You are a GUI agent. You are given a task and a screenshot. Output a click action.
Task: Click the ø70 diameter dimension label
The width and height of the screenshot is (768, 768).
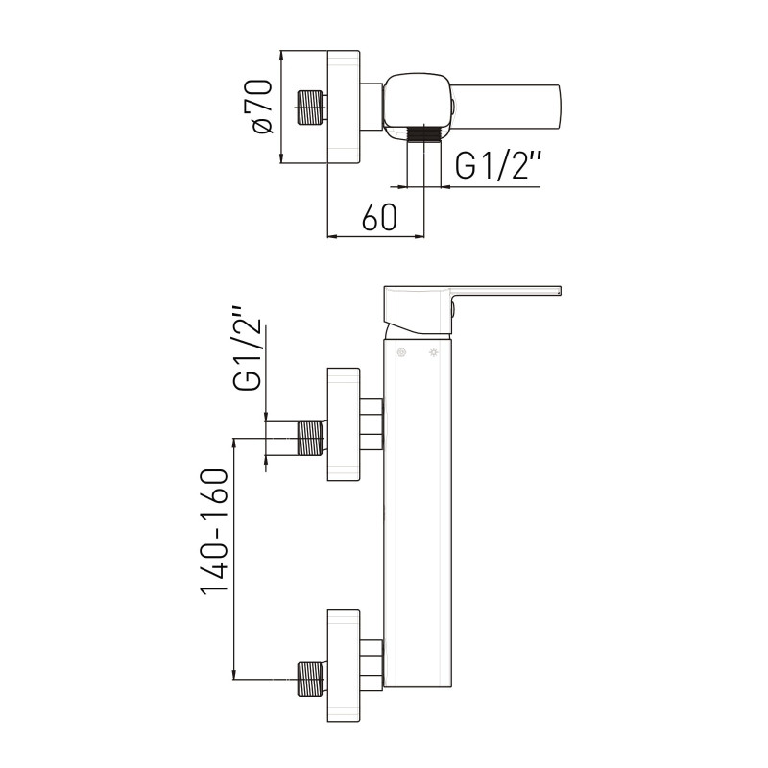261,107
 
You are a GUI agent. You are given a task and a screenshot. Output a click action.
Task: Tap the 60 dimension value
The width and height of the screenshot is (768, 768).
379,217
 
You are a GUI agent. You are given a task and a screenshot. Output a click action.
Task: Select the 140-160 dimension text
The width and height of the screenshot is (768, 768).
214,532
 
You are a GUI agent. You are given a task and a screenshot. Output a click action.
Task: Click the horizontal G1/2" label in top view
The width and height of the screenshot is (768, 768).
498,164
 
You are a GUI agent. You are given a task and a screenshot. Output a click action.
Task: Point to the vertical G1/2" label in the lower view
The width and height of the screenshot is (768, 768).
248,349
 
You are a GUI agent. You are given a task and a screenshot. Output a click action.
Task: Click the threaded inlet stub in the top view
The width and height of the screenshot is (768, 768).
310,108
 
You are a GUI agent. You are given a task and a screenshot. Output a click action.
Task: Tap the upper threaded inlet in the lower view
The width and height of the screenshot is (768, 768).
310,439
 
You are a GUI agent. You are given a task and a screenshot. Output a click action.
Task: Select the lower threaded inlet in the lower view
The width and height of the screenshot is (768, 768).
310,679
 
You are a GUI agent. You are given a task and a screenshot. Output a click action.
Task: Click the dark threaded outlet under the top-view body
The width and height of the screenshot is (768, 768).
424,133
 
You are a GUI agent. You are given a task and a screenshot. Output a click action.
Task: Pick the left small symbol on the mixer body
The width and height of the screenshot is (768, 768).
401,352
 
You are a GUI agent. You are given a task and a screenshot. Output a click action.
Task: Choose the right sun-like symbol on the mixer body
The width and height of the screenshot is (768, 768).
434,352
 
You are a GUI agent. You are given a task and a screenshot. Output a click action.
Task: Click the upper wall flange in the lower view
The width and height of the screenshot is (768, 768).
344,424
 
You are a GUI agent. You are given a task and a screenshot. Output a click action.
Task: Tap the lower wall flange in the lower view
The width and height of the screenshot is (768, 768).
344,665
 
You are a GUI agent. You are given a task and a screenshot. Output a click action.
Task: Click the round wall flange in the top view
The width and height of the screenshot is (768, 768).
344,107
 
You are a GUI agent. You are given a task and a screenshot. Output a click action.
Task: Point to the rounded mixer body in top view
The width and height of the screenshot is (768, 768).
418,106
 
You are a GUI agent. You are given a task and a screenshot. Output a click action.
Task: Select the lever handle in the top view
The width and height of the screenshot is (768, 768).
506,107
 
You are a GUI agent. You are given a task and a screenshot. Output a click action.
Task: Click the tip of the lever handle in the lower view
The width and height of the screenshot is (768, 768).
560,290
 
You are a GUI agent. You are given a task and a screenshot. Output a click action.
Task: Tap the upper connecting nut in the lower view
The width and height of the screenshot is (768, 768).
372,423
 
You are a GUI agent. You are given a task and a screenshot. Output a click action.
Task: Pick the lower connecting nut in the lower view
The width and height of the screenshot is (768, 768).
372,664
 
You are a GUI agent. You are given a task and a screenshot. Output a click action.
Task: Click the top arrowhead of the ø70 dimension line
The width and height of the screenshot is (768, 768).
280,51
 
